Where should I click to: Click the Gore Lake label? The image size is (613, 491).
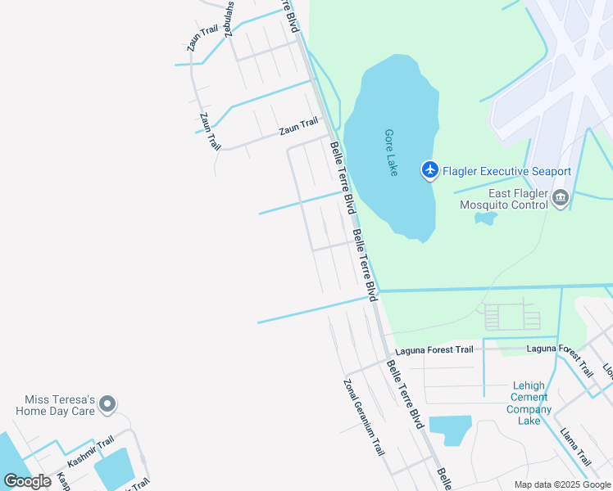392,152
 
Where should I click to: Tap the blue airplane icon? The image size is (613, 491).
429,170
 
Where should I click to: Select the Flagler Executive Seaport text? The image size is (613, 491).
506,171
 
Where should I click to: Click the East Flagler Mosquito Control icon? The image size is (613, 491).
561,196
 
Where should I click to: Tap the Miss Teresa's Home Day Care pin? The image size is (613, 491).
107,403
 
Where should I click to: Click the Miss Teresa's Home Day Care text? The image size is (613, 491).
55,405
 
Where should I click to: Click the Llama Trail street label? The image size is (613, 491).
575,445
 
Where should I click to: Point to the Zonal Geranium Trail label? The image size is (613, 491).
364,417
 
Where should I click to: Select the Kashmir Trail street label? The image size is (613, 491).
91,452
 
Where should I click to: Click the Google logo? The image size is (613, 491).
28,481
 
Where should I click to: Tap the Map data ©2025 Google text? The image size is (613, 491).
563,484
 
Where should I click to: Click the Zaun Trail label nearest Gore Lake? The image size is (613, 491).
297,125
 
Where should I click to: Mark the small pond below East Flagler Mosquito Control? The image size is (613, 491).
486,218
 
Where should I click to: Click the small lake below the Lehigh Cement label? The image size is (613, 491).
449,429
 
